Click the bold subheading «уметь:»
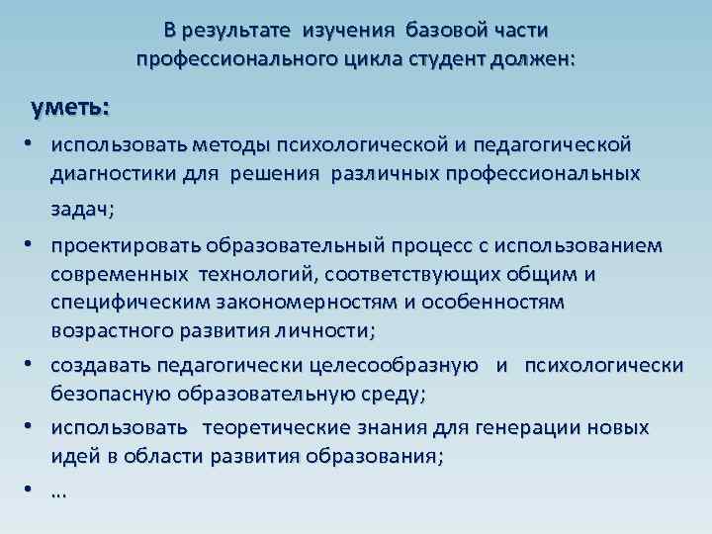tap(70, 105)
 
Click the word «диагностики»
tap(111, 174)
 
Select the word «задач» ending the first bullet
tap(81, 209)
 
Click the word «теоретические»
tap(278, 427)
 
